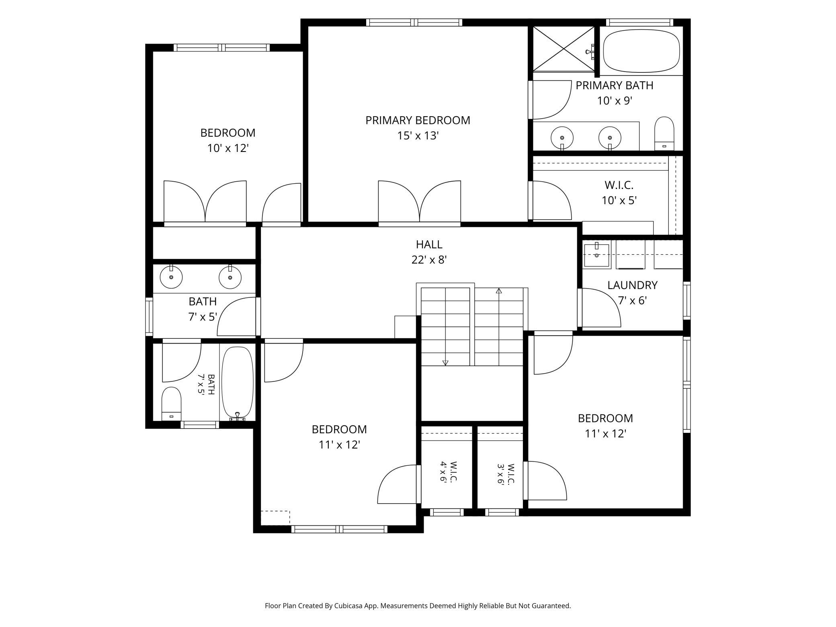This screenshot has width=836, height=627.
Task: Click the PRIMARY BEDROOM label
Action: point(418,120)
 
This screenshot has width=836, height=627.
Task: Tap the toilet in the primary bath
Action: point(664,134)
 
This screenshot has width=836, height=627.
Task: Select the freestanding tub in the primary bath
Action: point(641,51)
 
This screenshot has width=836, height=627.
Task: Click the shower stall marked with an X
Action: point(563,49)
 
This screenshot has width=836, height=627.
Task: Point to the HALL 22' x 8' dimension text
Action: point(429,260)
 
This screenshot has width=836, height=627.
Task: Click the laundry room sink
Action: point(596,255)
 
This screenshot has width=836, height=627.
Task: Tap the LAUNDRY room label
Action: point(632,285)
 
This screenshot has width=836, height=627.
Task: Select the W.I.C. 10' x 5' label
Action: point(619,193)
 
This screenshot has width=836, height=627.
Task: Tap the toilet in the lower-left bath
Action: point(171,404)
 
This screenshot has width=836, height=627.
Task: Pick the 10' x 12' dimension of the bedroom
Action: point(228,148)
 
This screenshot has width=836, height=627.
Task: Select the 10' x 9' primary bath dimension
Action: point(615,100)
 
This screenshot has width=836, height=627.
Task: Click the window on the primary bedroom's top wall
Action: point(414,23)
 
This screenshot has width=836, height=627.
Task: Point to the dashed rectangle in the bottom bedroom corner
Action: point(275,518)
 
